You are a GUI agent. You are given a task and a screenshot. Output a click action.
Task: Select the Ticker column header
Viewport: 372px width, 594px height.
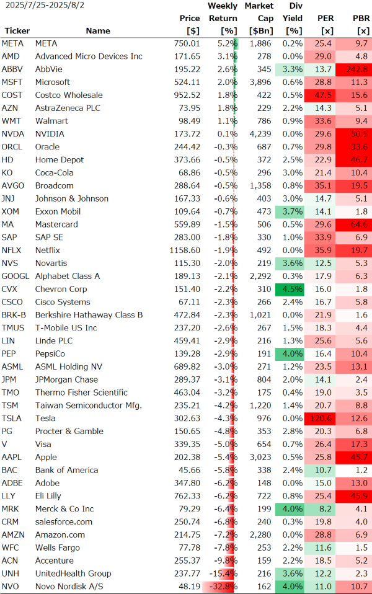tap(17, 30)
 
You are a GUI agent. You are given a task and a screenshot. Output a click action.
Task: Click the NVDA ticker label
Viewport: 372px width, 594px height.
tap(13, 134)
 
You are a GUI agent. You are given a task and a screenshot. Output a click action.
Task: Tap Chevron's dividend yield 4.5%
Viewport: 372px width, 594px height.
tap(293, 289)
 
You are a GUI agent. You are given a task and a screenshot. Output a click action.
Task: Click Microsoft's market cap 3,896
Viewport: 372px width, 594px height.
tap(259, 82)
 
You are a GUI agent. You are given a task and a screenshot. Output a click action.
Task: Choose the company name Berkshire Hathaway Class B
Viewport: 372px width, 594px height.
tap(89, 315)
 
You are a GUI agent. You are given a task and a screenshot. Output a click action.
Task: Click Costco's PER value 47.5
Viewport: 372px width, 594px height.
tap(323, 95)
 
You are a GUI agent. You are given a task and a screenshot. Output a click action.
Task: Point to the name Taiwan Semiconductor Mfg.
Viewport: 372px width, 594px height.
tap(89, 406)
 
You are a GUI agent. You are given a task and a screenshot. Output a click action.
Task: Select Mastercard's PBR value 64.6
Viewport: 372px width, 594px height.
tap(358, 224)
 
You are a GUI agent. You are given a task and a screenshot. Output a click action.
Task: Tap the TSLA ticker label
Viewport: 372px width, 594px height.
tap(12, 419)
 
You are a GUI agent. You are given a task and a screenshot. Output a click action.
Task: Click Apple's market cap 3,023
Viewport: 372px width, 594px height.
tap(259, 458)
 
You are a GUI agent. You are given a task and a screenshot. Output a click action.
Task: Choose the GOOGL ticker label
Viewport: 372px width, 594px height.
tap(15, 276)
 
